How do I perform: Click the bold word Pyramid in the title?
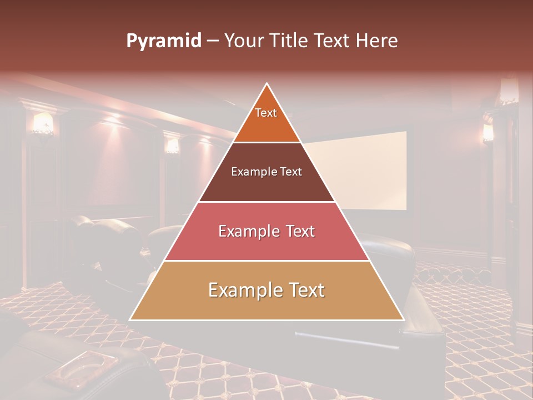[x=163, y=41]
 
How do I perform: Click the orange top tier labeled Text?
[x=266, y=117]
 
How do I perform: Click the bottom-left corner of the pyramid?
[x=130, y=319]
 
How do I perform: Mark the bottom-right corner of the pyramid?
[x=403, y=319]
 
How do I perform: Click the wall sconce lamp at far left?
[x=43, y=123]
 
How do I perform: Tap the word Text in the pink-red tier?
[x=296, y=231]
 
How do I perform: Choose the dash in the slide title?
[x=212, y=41]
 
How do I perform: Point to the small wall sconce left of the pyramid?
[x=173, y=145]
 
